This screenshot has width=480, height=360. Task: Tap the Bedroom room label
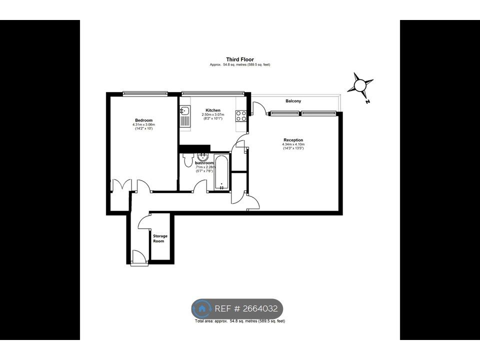pyautogui.click(x=143, y=120)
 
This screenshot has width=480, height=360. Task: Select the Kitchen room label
pyautogui.click(x=213, y=110)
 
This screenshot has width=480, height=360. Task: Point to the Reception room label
pyautogui.click(x=293, y=140)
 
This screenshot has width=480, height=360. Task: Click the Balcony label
pyautogui.click(x=293, y=101)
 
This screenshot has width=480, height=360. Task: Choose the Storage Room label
pyautogui.click(x=160, y=238)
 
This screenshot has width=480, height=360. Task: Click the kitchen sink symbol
pyautogui.click(x=184, y=116)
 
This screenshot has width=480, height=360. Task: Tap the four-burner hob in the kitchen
pyautogui.click(x=241, y=116)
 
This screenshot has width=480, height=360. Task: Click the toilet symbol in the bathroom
pyautogui.click(x=187, y=160)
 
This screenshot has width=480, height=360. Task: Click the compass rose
pyautogui.click(x=360, y=84)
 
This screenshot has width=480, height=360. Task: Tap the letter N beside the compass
pyautogui.click(x=367, y=101)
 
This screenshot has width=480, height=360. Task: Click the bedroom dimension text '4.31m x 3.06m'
pyautogui.click(x=143, y=124)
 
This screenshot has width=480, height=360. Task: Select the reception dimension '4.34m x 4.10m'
pyautogui.click(x=293, y=144)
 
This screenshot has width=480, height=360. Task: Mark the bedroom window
pyautogui.click(x=145, y=93)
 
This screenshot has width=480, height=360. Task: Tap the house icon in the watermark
pyautogui.click(x=202, y=308)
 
